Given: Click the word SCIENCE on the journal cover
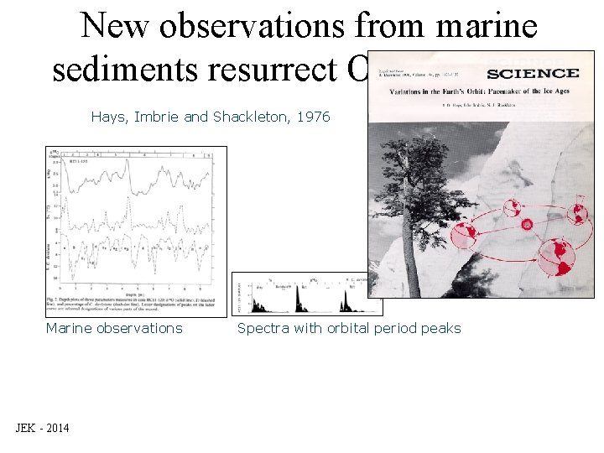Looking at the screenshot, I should point(533,74).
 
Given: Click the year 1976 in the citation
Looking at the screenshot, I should point(313,117).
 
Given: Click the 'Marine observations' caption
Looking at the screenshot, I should point(113,328).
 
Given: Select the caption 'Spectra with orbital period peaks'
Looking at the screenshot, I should point(349,328).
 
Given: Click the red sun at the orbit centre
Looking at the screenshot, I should point(527,225).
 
